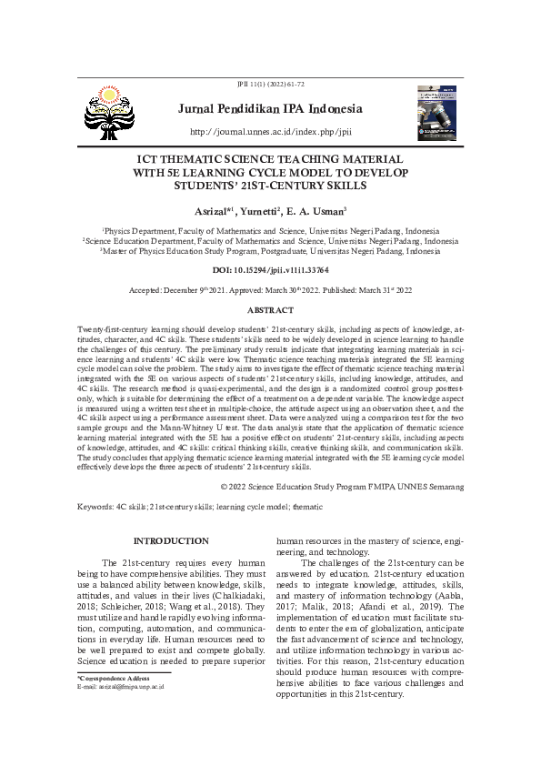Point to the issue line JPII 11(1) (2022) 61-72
pos(270,84)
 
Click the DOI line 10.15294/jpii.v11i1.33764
pos(271,271)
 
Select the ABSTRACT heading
pos(270,311)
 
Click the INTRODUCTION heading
pos(171,540)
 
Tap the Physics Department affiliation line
pos(270,231)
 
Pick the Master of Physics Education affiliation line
pos(270,251)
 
